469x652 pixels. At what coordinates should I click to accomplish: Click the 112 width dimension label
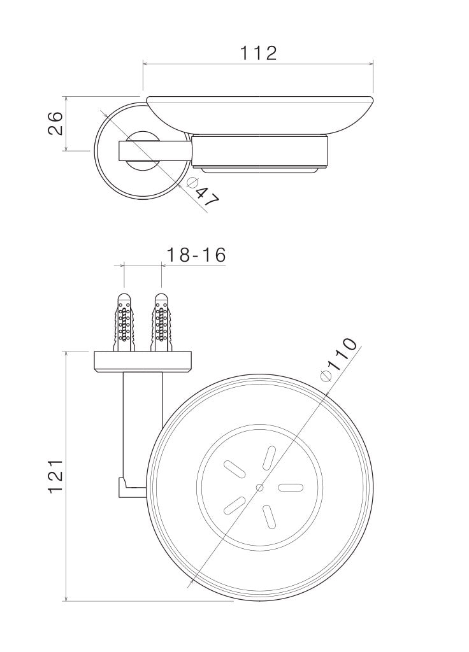(258, 53)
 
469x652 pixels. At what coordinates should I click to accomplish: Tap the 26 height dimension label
(55, 123)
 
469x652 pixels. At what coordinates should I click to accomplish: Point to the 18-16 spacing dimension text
(196, 255)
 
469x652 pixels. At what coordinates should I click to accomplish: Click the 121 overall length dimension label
(55, 476)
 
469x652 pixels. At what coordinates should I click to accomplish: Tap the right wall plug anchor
(161, 322)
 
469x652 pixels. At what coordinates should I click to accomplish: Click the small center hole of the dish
(260, 487)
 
